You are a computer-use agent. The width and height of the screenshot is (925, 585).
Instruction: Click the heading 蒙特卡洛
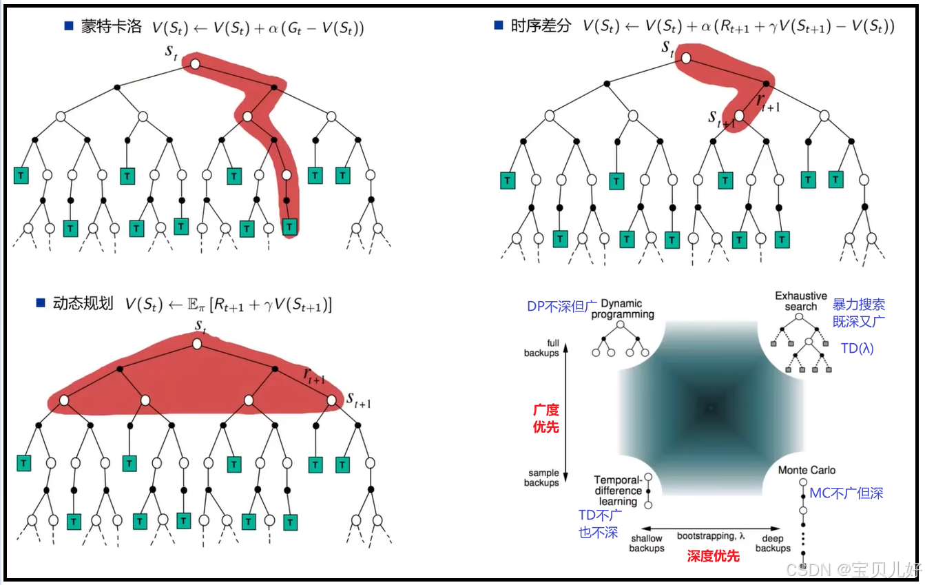pyautogui.click(x=111, y=28)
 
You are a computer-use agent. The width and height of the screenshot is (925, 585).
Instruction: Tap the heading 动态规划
pyautogui.click(x=83, y=304)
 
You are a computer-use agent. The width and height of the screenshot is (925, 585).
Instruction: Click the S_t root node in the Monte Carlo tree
pyautogui.click(x=195, y=64)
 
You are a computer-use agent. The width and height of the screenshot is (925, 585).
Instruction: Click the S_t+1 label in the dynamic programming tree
pyautogui.click(x=358, y=400)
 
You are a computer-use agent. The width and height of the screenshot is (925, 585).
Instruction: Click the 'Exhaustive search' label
pyautogui.click(x=800, y=301)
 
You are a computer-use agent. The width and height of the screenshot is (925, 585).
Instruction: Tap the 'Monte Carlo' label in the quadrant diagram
pyautogui.click(x=807, y=470)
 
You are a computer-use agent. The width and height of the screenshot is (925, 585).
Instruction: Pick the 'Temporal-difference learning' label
pyautogui.click(x=618, y=491)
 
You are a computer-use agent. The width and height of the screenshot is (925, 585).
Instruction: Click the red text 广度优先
pyautogui.click(x=545, y=418)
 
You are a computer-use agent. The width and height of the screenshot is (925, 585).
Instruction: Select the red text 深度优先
pyautogui.click(x=713, y=555)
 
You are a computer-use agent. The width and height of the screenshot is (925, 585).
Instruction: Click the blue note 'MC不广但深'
pyautogui.click(x=846, y=493)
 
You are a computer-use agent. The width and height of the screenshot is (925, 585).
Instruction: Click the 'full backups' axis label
pyautogui.click(x=541, y=348)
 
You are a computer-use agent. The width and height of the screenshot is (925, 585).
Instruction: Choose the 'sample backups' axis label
pyautogui.click(x=541, y=478)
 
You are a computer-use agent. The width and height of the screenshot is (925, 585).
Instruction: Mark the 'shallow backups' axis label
pyautogui.click(x=646, y=543)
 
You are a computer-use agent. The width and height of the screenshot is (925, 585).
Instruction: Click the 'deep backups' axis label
pyautogui.click(x=772, y=543)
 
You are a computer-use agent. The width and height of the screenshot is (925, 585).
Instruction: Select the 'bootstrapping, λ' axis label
pyautogui.click(x=711, y=535)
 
